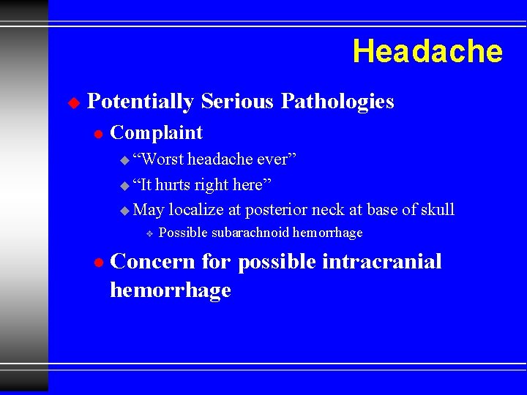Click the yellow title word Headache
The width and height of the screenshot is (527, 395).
(427, 52)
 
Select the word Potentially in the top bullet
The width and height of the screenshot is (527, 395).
(140, 102)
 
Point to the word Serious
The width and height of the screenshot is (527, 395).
(237, 102)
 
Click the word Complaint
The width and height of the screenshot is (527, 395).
(156, 132)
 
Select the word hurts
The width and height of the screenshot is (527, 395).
(172, 184)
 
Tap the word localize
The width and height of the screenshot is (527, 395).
(195, 210)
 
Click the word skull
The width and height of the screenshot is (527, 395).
(438, 210)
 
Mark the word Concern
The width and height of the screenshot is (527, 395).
(153, 261)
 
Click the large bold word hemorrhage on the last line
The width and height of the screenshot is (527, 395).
(170, 290)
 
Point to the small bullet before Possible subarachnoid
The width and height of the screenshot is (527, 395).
(148, 233)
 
